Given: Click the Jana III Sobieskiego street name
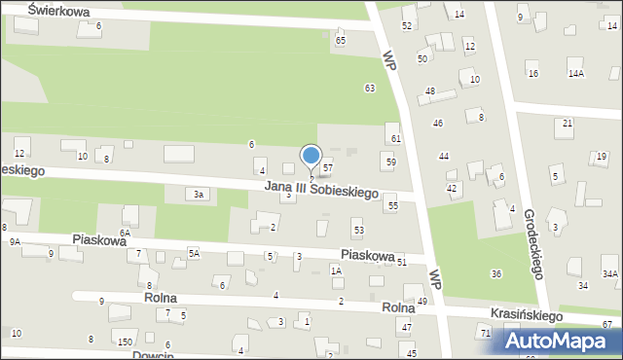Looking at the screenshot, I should (320, 192).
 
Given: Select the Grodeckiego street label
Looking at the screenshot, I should (533, 242).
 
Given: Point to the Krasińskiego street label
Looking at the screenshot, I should (529, 316).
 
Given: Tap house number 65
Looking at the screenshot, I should (341, 41).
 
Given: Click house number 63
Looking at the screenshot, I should (370, 89).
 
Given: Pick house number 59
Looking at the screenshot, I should (390, 162).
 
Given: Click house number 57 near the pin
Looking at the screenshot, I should (328, 168).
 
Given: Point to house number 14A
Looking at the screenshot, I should (576, 74).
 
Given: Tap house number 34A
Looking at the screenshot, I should (609, 274).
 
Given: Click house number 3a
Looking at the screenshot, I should (198, 195).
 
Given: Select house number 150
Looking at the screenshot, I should (125, 342).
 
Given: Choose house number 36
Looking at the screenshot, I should (495, 274).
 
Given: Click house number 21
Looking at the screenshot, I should (568, 123).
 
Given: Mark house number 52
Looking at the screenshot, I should (407, 25).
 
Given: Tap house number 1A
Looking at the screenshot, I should (336, 271).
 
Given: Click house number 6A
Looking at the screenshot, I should (125, 234).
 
